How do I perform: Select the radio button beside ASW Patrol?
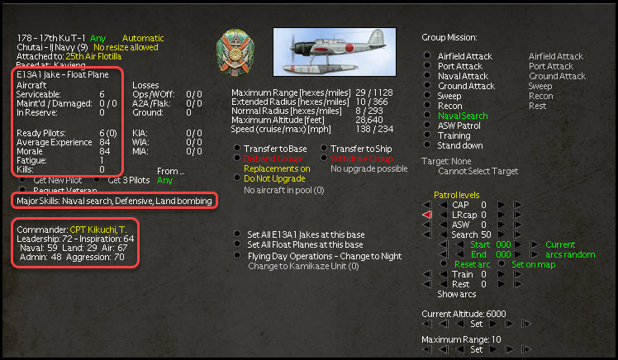point(426,126)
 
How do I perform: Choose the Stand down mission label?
point(460,146)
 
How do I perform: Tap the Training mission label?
point(454,136)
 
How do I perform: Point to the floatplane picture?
point(340,50)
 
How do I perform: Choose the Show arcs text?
point(456,294)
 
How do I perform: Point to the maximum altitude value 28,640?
point(378,121)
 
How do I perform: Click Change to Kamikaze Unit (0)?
point(303,266)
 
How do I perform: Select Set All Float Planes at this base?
point(306,244)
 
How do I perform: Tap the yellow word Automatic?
point(143,38)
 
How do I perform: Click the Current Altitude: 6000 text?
point(463,314)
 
